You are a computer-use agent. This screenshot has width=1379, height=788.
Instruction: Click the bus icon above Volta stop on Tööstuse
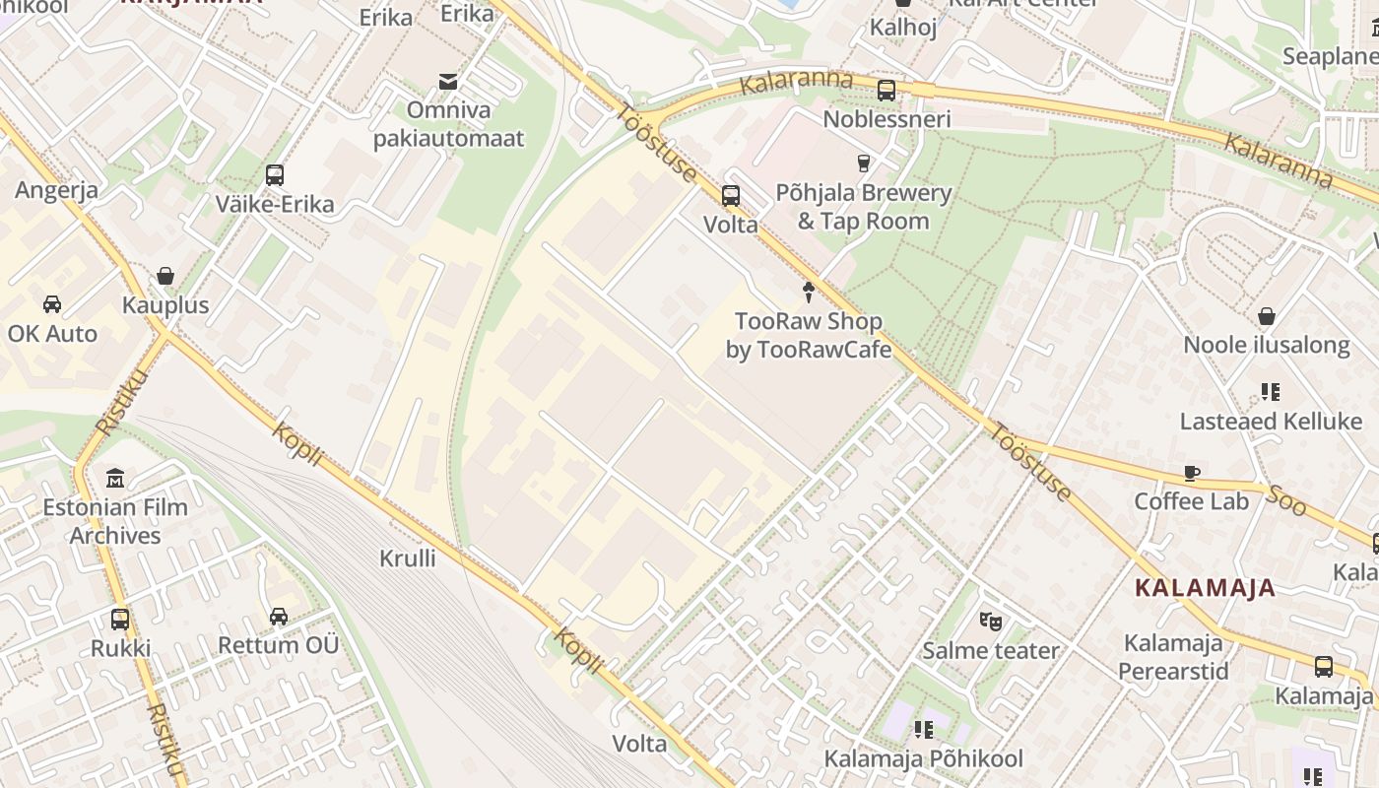tap(730, 195)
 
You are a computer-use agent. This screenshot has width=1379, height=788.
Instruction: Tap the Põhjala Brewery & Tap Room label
tap(863, 207)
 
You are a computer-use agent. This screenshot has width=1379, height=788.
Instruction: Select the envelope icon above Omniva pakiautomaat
tap(448, 81)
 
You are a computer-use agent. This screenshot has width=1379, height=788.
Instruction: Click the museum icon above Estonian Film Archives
tap(115, 479)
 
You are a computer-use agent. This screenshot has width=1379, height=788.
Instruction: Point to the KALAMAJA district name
tap(1205, 589)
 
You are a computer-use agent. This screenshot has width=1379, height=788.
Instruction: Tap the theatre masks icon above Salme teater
tap(990, 621)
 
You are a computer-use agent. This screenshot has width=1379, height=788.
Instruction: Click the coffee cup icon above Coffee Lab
tap(1192, 473)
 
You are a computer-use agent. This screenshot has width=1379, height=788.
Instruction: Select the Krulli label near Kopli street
tap(408, 558)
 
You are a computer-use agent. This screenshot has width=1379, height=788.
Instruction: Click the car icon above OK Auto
tap(52, 304)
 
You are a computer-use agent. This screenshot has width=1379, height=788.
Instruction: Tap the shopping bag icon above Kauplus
tap(165, 276)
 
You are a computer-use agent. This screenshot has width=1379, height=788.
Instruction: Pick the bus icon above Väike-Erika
tap(275, 175)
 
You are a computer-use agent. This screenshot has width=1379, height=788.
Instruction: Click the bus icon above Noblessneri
tap(886, 91)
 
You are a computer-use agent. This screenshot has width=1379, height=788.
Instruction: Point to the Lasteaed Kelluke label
tap(1271, 422)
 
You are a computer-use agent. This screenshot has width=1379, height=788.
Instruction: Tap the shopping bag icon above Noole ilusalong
tap(1267, 316)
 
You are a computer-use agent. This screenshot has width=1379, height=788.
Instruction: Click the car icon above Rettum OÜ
tap(279, 617)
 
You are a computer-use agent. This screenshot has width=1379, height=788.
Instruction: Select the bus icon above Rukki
tap(120, 620)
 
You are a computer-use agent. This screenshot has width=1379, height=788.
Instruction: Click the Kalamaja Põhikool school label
tap(923, 758)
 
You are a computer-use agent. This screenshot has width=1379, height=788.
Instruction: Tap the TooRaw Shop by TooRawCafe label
tap(809, 335)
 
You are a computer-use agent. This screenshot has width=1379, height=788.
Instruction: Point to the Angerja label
tap(57, 190)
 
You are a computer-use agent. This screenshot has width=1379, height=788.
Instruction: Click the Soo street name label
tap(1285, 499)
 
